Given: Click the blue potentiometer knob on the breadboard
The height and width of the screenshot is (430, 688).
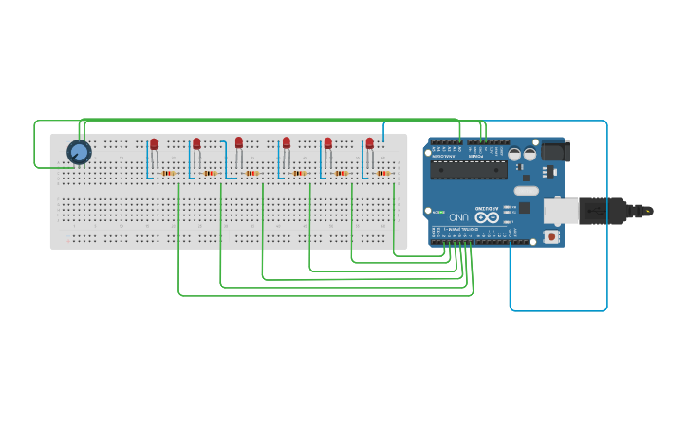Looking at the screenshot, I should (79, 152).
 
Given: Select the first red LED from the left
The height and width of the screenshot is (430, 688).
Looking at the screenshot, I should (154, 144).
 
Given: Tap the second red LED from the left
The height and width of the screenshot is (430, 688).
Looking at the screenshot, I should (196, 144).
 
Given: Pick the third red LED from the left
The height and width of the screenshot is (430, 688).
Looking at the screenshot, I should (239, 142).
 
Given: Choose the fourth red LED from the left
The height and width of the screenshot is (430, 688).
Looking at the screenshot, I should (286, 143).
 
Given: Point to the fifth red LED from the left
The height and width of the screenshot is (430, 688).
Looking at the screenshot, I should (328, 143).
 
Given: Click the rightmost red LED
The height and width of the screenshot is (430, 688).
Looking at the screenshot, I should (370, 143).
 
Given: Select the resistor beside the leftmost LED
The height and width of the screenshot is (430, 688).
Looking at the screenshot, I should (168, 174).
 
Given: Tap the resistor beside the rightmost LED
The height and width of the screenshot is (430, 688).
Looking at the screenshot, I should (383, 174).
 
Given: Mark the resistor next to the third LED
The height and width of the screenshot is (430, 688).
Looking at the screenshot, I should (251, 174).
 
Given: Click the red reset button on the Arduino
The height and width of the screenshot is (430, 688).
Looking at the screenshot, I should (550, 234).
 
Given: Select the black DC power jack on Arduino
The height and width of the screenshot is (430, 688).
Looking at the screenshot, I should (554, 151).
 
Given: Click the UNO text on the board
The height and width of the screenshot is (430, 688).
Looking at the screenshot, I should (460, 216).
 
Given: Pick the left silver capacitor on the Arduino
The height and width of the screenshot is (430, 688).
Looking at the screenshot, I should (514, 153).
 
